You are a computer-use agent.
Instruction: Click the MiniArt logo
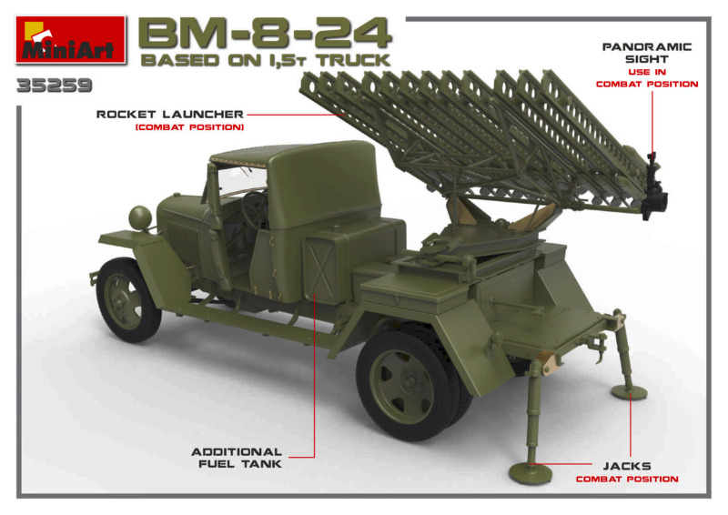coord(71,39)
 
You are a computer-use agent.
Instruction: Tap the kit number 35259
coord(55,86)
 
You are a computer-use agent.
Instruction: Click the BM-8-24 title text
coord(265,34)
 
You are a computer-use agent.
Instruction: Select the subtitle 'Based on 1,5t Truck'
coord(265,60)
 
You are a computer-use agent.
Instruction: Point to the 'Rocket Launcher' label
coord(170,115)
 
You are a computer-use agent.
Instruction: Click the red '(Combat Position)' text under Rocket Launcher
coord(189,127)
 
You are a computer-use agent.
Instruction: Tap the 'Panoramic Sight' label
coord(647,53)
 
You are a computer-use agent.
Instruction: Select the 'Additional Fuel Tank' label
coord(238,458)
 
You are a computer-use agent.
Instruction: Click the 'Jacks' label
coord(627,466)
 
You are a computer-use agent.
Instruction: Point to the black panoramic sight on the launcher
coord(653,188)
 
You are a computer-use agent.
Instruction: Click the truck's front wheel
coord(127,299)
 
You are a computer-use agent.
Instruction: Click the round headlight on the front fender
coord(140,217)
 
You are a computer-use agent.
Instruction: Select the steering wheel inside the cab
coord(254,210)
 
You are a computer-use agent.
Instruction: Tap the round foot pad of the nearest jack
coord(531,473)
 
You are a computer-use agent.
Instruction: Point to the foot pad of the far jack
coord(629,392)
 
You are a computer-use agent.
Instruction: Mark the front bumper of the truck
coord(94,278)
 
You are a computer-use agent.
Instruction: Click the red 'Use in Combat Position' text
coord(647,78)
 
